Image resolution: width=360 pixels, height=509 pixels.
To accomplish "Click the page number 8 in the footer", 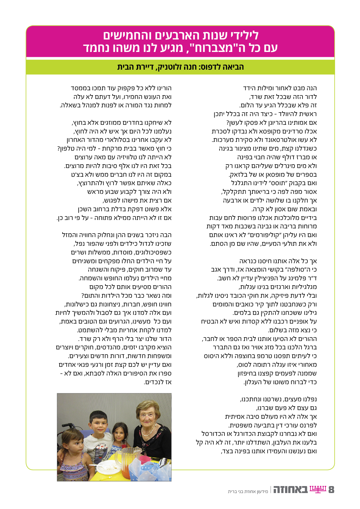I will (x=331, y=490).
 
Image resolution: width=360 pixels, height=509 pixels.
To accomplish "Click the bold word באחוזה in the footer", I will (x=290, y=490).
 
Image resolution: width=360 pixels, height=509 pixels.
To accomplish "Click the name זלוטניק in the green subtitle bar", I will (x=170, y=67).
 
